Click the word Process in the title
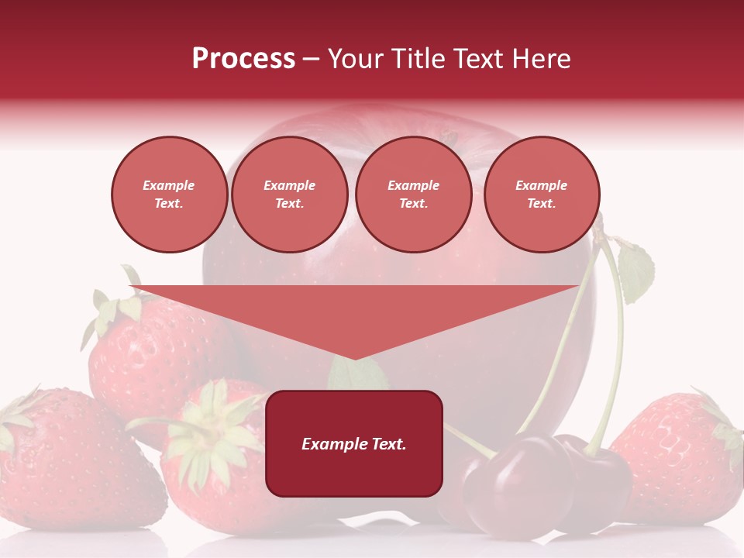[243, 59]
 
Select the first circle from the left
[170, 195]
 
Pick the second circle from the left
[290, 195]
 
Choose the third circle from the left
[414, 195]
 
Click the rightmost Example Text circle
[542, 195]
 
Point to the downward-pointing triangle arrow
[354, 310]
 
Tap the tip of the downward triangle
[355, 357]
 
